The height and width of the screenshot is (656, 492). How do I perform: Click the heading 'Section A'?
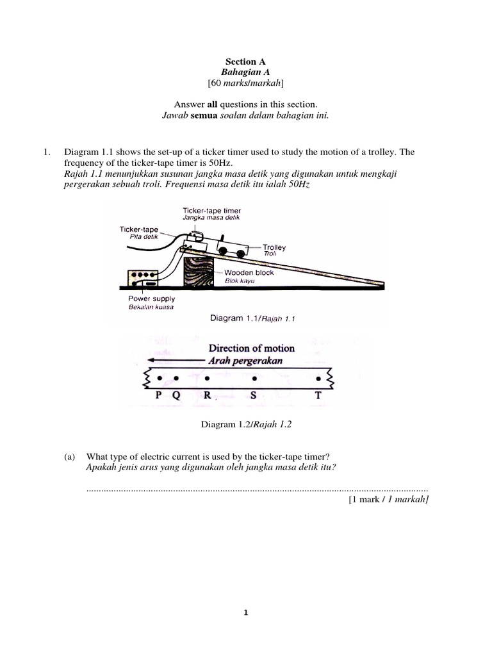(x=245, y=62)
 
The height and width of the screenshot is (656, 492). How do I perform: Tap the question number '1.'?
(x=46, y=152)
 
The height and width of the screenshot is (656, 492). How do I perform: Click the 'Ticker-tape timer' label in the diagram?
(x=211, y=210)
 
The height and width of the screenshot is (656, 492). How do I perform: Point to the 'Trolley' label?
(x=274, y=247)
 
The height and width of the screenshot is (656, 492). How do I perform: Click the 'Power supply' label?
(x=151, y=299)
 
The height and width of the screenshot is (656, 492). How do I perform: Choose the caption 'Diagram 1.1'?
(x=230, y=318)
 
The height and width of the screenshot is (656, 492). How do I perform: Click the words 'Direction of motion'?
(x=251, y=348)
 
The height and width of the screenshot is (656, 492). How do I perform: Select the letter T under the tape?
(x=318, y=395)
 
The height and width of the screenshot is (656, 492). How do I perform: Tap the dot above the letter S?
(x=254, y=379)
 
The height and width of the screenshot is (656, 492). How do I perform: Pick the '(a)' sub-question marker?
(x=70, y=457)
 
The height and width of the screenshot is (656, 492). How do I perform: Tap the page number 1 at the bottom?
(x=246, y=612)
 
